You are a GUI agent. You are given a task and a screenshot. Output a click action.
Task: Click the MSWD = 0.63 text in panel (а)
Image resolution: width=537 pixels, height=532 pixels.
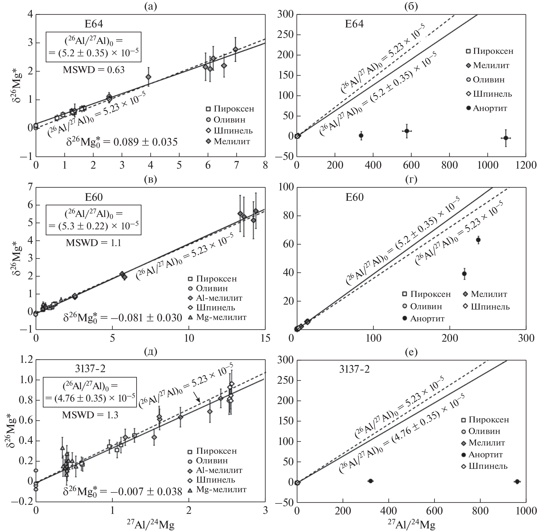(93, 70)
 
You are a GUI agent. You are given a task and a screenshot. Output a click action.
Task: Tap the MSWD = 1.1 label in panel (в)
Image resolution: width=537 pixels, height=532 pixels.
(93, 243)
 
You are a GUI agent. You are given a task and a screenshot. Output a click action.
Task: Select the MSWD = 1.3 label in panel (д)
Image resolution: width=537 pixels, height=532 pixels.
(90, 415)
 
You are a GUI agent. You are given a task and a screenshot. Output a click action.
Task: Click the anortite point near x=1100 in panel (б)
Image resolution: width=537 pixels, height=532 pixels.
(506, 138)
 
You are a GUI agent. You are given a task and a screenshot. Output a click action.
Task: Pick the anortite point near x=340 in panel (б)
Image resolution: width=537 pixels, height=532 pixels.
(361, 136)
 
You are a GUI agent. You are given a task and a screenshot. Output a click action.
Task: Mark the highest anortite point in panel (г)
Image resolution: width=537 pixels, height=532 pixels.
(478, 240)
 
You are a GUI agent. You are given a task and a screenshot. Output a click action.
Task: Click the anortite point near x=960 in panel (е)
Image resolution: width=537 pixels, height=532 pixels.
(517, 481)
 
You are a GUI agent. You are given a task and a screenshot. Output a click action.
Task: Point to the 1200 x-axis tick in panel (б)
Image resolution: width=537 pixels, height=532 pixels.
(525, 165)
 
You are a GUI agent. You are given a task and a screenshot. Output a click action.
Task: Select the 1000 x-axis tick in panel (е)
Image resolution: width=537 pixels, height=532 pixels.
(525, 511)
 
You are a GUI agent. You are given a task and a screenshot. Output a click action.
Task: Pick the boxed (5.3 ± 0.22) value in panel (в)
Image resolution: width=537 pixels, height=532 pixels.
(93, 226)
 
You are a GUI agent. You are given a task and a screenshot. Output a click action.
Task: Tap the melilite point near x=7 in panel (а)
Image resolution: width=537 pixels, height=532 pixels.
(235, 49)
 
